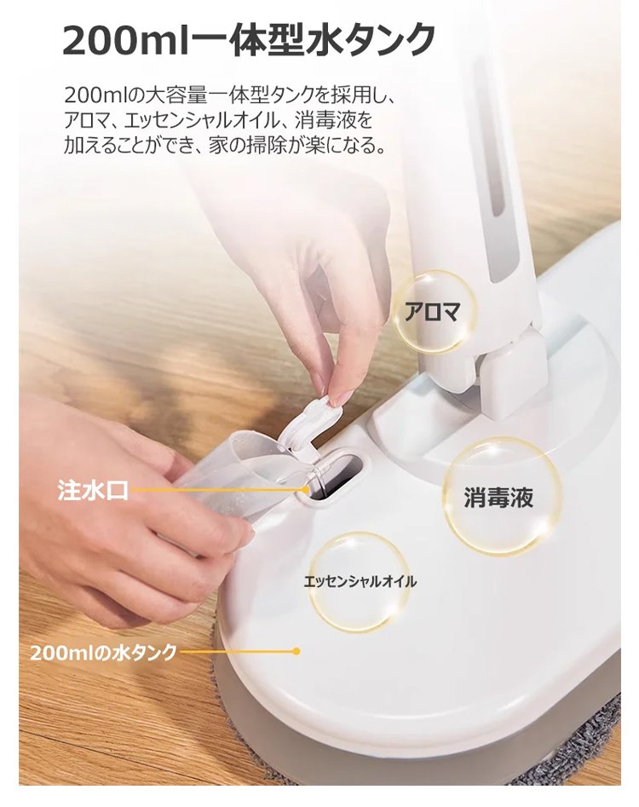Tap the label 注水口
[93, 490]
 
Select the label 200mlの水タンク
[103, 652]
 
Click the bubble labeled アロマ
[433, 313]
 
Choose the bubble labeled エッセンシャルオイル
[360, 582]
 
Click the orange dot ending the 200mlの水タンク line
[296, 652]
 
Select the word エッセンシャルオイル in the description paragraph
[196, 120]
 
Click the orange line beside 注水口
[217, 491]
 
